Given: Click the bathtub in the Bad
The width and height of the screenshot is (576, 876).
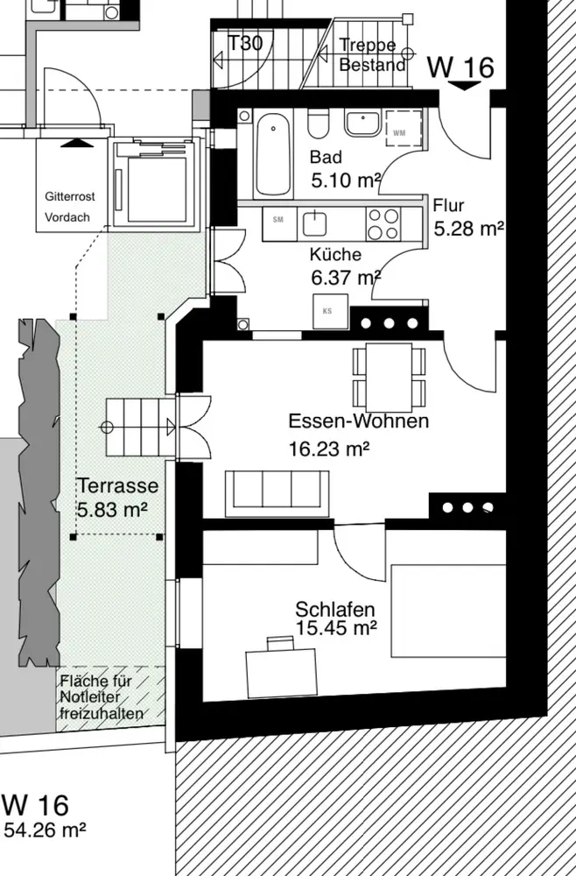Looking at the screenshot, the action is coord(273,153).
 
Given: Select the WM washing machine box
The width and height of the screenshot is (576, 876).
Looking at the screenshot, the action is coord(403,129).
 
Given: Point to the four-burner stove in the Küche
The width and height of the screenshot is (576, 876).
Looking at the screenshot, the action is coord(383,223).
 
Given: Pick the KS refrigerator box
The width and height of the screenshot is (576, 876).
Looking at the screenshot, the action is coord(330,311).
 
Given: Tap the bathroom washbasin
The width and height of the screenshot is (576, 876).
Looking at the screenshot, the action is coord(362,124).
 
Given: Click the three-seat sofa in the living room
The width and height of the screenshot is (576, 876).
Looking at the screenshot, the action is coord(277,493).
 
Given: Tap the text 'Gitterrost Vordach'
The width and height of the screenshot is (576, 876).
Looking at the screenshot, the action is coord(69,207).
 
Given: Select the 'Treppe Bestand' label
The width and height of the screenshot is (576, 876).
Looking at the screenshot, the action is coord(372,54).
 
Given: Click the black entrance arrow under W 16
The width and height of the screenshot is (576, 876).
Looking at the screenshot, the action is coord(464,86).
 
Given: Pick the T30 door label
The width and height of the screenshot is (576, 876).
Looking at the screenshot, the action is coord(246,43).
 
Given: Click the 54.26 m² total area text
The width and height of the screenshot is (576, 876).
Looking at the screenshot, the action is coord(46,830).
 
